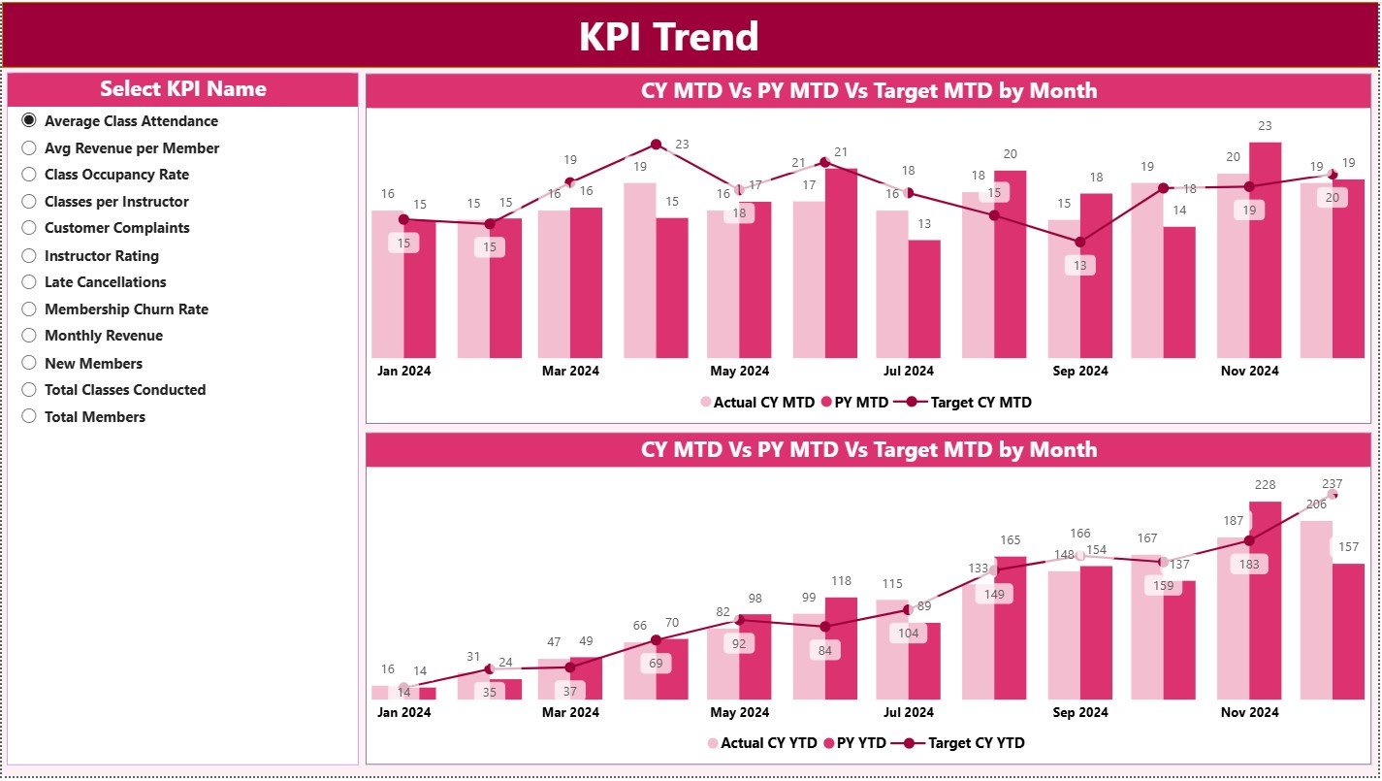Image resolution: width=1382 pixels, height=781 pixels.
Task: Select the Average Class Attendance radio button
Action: (29, 120)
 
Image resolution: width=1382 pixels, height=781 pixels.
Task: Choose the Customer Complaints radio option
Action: (29, 228)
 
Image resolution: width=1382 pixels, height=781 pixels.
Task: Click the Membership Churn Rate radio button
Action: (29, 309)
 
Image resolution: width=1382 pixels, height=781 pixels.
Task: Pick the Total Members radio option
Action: (29, 416)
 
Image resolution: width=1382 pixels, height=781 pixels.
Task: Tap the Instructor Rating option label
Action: (101, 256)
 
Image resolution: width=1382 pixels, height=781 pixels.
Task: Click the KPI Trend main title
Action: (668, 37)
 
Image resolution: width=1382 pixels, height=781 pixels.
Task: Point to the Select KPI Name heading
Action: (182, 89)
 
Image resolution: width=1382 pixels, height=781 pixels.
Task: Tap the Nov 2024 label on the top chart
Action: (1249, 371)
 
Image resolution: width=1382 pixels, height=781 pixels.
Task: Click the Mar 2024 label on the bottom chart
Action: (570, 712)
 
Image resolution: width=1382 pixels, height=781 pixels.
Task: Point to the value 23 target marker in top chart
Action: (656, 145)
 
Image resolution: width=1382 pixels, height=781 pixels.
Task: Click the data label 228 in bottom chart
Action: (1265, 485)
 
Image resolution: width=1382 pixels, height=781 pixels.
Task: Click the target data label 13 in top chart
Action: (1079, 265)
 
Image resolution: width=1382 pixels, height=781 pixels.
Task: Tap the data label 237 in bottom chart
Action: (1332, 484)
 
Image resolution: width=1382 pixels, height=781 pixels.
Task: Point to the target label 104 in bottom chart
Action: (909, 633)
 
